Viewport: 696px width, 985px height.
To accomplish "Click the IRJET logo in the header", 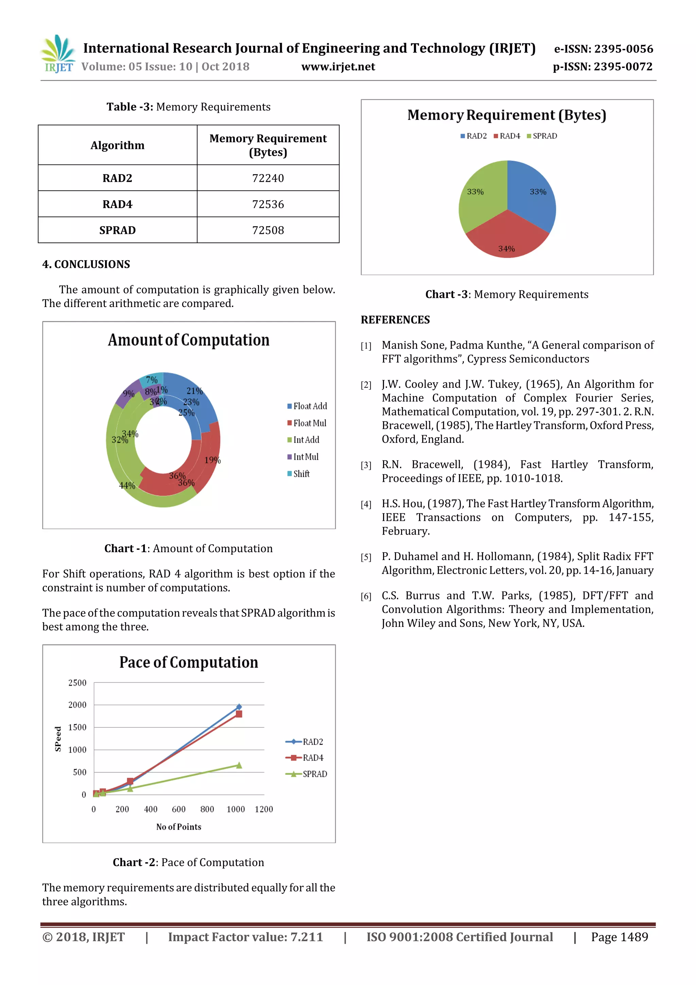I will click(x=58, y=54).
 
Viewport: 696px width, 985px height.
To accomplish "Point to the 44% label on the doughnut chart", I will click(x=127, y=486).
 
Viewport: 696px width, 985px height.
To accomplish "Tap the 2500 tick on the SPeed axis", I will click(x=77, y=682).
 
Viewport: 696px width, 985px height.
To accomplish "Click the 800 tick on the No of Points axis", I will click(x=207, y=809).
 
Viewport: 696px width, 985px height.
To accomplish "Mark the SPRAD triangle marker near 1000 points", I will click(x=239, y=765).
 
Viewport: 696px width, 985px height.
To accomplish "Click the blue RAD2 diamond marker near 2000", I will click(x=239, y=707).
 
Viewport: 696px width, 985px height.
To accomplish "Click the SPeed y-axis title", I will click(x=58, y=739).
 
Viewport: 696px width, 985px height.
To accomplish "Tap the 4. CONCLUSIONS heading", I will click(x=86, y=264).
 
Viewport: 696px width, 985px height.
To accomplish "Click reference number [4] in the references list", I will click(x=366, y=505).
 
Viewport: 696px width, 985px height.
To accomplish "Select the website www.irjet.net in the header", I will click(x=338, y=67).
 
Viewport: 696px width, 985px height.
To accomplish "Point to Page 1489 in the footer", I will click(x=619, y=937).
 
